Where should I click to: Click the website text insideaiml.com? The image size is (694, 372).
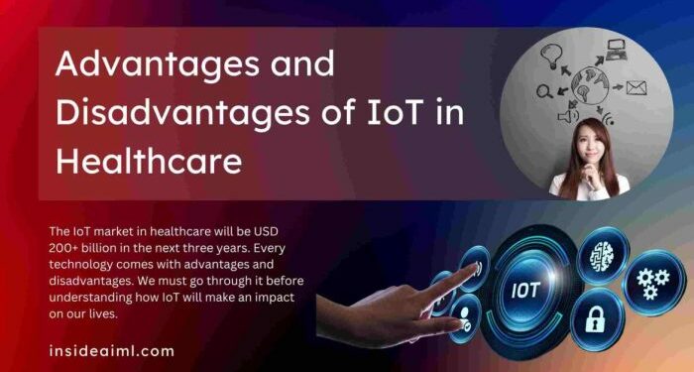pos(111,350)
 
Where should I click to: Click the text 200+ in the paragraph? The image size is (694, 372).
pos(62,248)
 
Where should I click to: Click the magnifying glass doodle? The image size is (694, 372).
pos(544,92)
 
